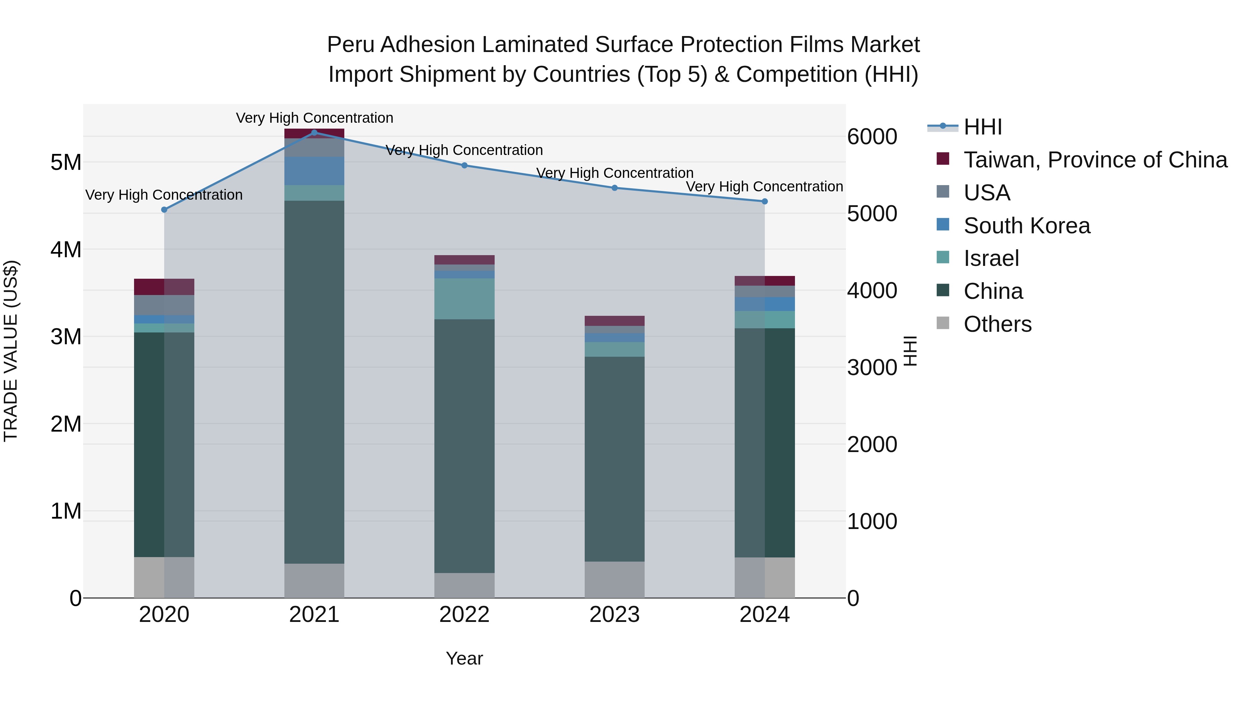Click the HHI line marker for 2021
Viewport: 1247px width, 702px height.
[x=314, y=132]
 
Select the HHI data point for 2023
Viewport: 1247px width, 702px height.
[x=614, y=188]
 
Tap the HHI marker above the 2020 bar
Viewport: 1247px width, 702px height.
[x=164, y=210]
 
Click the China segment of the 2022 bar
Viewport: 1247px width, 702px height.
[x=464, y=446]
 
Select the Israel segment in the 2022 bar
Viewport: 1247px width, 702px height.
[x=464, y=298]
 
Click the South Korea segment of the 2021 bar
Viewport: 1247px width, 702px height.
[x=314, y=171]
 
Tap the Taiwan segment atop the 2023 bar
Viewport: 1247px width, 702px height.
[x=614, y=321]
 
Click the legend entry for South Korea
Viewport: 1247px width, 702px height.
[x=1026, y=226]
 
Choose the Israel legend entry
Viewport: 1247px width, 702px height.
[x=991, y=258]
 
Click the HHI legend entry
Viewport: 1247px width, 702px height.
[x=982, y=127]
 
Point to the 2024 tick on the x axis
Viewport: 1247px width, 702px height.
[x=764, y=615]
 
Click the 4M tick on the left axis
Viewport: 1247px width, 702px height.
[x=66, y=250]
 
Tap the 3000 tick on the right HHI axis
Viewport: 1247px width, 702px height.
[x=872, y=367]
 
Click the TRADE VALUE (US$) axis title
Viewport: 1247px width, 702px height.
[x=11, y=351]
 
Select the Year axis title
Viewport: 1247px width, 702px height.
[x=464, y=658]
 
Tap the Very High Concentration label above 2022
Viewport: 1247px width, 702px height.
[x=464, y=150]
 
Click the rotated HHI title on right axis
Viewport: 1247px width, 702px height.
[x=910, y=351]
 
